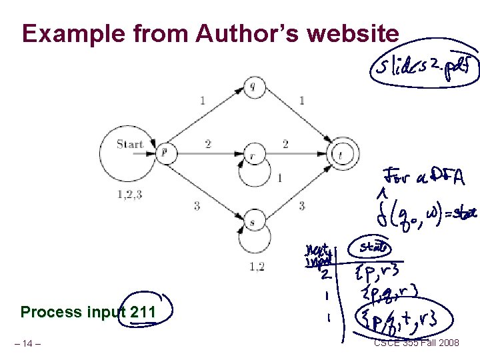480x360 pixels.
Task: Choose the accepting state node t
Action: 342,154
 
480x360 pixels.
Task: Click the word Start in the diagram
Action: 130,143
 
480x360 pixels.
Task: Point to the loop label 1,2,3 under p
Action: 129,195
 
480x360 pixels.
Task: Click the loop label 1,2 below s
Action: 256,267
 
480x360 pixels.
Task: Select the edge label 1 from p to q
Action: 202,101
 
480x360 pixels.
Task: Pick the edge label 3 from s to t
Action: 301,206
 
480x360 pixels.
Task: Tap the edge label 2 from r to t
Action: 285,143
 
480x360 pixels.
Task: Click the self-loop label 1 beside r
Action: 280,177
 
